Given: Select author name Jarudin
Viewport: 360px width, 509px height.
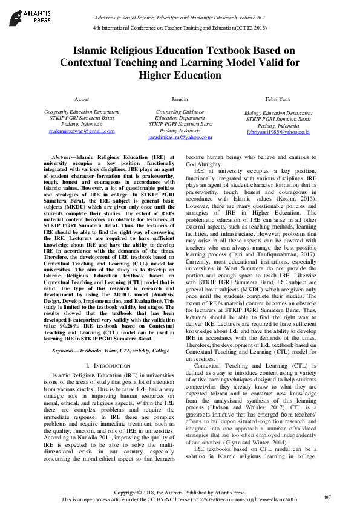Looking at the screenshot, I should point(179,98).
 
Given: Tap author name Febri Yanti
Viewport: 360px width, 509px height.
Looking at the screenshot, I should point(278,98).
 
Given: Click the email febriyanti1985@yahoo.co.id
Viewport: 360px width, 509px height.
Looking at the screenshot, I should point(278,131).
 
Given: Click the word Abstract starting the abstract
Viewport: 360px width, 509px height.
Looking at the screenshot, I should point(64,157).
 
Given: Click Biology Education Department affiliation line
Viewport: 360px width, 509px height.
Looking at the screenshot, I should point(278,112).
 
